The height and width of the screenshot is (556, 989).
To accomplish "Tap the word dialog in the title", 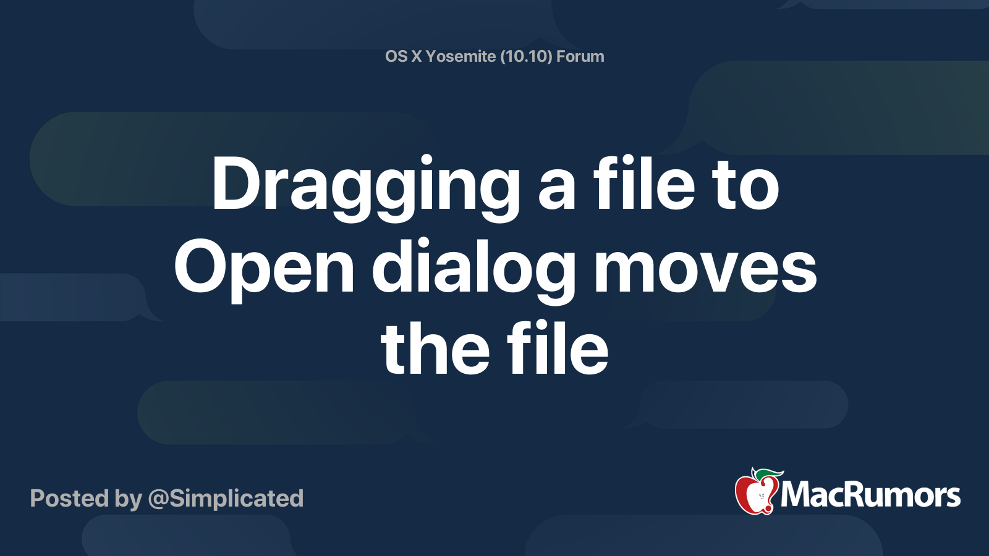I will (473, 269).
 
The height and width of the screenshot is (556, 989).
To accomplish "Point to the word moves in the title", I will (705, 269).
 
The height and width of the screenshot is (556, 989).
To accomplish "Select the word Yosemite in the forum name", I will (461, 57).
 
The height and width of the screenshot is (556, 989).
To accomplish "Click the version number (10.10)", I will (526, 57).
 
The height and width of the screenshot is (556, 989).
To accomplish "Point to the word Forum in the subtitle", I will (580, 57).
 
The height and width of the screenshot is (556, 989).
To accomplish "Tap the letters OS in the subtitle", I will (396, 57).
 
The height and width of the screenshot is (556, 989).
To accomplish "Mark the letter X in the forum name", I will (417, 57).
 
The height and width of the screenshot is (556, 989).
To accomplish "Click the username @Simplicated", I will (226, 499).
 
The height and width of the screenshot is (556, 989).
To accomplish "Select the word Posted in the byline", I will (69, 499).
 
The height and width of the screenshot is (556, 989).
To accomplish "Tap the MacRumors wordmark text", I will (870, 495).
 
